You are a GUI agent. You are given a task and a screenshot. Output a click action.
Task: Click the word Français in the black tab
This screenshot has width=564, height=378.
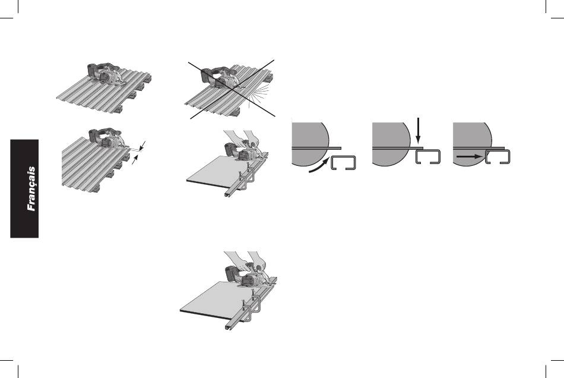[31, 188]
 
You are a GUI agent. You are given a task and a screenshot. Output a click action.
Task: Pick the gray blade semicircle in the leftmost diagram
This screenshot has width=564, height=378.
[310, 144]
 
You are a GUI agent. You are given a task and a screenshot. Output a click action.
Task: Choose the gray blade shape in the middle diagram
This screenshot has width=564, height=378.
[391, 144]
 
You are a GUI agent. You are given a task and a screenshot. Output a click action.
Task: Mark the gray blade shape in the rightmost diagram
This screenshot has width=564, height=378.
[472, 144]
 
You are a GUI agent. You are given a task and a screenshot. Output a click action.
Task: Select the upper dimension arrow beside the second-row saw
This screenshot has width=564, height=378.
[143, 146]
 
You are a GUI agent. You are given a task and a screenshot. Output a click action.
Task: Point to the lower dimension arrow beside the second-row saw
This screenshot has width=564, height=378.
[135, 161]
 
